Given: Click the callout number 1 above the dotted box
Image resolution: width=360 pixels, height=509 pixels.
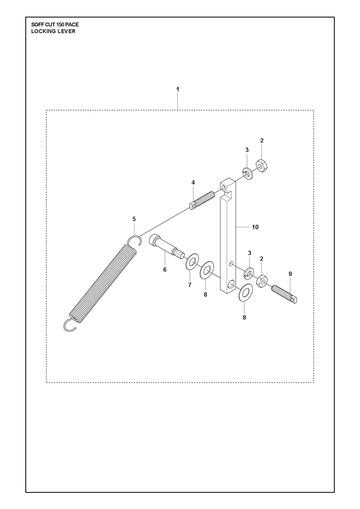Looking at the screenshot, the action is tap(178, 89).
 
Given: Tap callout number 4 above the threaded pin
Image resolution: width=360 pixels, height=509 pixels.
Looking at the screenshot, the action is tap(193, 182).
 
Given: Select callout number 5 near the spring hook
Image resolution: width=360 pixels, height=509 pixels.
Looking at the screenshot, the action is tap(134, 219).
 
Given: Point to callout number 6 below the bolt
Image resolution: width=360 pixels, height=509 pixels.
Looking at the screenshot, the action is tap(165, 269).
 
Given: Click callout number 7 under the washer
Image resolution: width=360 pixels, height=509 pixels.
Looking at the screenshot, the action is tap(190, 285).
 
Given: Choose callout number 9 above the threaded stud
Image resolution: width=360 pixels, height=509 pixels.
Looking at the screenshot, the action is tap(290, 274).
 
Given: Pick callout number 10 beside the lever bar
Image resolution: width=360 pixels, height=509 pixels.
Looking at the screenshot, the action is tap(255, 227).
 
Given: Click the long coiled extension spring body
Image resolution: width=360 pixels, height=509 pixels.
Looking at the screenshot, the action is tap(103, 284).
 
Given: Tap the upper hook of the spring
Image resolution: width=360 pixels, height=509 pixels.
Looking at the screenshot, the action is tap(135, 240).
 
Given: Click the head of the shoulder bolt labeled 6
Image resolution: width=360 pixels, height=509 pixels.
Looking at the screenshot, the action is tap(155, 240).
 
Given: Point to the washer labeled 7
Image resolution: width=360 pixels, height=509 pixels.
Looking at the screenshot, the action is tap(192, 261).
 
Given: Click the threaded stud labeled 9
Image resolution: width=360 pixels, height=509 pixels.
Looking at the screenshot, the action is tap(285, 294).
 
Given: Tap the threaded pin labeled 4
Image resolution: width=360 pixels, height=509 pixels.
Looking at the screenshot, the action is tap(202, 200).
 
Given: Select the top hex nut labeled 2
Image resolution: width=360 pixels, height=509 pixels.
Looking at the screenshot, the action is tap(263, 165).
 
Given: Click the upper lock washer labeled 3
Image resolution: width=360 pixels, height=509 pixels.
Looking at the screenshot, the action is tap(247, 173).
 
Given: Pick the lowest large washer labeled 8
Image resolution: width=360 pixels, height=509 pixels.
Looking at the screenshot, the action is tap(246, 293).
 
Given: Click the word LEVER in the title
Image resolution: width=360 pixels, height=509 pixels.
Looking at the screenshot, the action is tap(68, 31).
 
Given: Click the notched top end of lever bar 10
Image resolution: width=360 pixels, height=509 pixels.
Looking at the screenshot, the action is tap(227, 188).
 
